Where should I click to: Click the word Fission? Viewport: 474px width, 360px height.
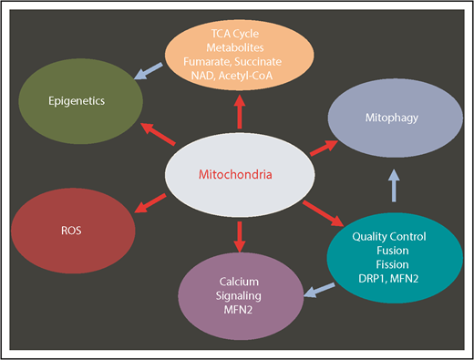coord(382,263)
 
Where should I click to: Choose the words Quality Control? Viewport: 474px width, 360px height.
coord(382,236)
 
